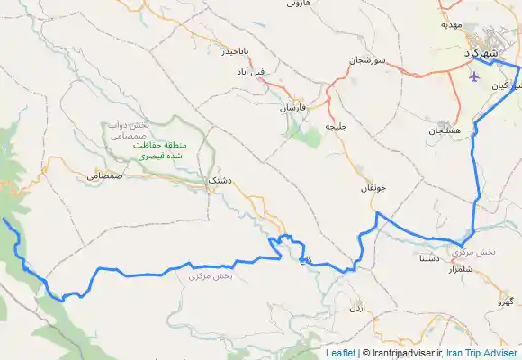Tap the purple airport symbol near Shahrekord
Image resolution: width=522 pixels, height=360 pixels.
pos(474,75)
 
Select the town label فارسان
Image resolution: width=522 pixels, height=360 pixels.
pos(293,107)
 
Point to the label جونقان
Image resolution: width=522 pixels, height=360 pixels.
pos(373,189)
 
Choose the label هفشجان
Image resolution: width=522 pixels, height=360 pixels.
pos(445,130)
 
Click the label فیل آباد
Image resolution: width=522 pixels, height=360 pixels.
pos(276,70)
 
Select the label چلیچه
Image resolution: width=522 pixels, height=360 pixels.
pos(335,127)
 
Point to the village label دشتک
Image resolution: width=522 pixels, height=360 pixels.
pos(220,181)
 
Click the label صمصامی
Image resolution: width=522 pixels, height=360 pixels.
pos(104,176)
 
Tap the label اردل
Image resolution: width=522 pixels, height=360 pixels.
pos(358,308)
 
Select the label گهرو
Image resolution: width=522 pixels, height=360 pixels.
pos(509,301)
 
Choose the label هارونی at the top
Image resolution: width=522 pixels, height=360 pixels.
pos(298,4)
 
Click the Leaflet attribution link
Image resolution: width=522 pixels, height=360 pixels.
pos(340,354)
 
